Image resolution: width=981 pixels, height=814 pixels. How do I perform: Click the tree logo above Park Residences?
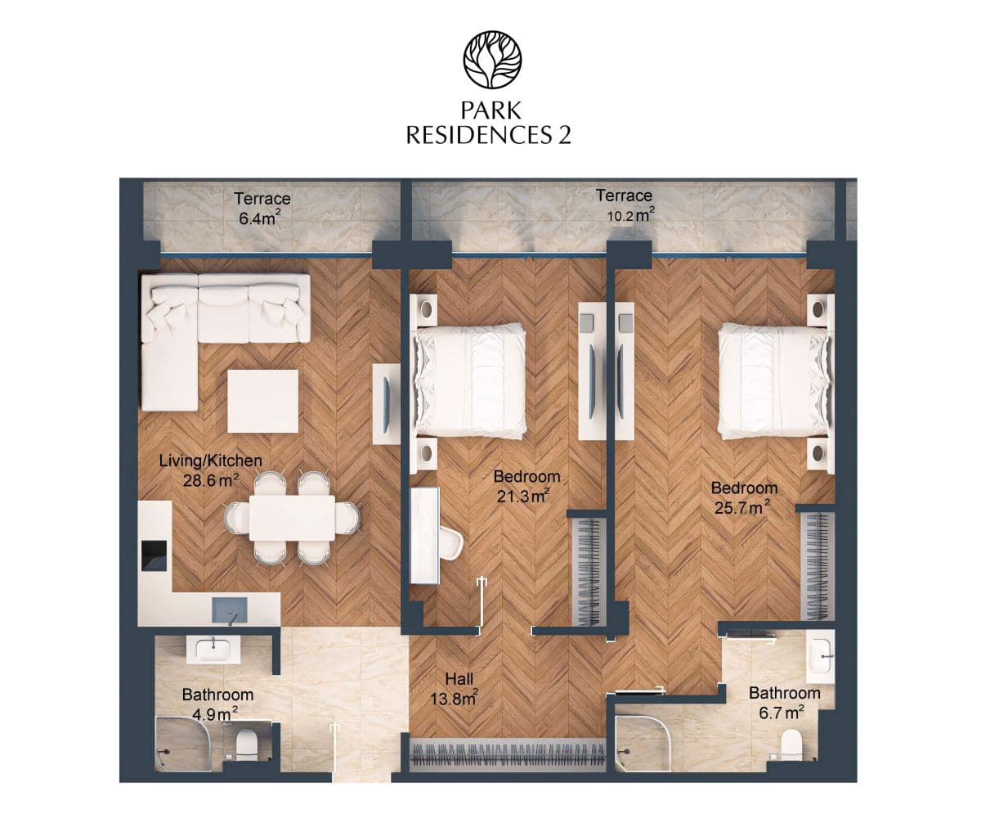492,60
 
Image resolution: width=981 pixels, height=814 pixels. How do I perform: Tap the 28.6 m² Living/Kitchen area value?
211,480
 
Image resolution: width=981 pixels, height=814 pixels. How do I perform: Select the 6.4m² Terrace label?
262,208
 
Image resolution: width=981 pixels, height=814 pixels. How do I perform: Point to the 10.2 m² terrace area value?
630,215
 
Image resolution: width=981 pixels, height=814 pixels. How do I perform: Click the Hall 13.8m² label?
455,689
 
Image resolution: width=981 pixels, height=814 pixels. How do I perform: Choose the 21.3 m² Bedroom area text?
523,496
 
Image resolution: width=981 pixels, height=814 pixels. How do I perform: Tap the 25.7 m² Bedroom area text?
742,507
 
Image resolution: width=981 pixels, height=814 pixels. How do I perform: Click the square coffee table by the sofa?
263,401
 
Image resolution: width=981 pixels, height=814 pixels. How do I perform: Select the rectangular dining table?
292,518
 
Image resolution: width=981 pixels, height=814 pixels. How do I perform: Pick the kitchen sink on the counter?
229,610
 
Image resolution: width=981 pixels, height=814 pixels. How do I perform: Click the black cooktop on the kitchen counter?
155,555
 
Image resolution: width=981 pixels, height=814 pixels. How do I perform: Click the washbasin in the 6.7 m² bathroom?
821,657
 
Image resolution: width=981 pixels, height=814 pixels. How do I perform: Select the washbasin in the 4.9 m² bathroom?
213,650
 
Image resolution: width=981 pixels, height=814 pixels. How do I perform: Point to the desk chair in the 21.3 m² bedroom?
451,543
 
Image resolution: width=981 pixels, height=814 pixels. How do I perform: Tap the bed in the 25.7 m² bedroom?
774,383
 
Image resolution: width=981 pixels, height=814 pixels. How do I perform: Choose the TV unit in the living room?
387,403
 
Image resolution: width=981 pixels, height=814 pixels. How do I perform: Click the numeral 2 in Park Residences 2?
564,135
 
